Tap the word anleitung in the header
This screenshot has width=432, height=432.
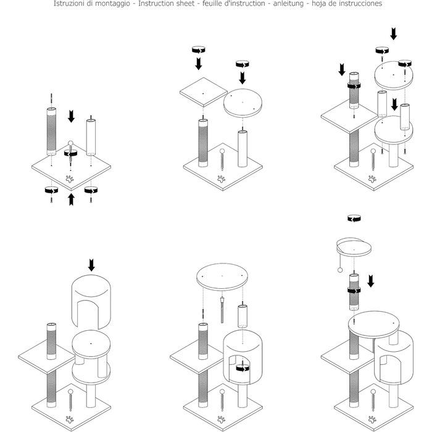[x=288, y=4]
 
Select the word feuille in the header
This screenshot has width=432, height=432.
[x=213, y=4]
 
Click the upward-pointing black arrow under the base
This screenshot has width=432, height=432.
[x=71, y=199]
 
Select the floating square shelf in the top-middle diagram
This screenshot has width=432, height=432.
[x=204, y=92]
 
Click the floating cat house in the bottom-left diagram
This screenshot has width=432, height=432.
[x=91, y=302]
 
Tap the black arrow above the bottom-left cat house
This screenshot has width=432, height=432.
[x=91, y=265]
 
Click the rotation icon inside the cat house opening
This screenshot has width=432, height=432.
[x=243, y=368]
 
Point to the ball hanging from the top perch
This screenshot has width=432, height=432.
[x=340, y=270]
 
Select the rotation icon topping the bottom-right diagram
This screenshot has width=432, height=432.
[x=354, y=218]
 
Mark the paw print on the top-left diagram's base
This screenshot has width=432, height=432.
[x=70, y=179]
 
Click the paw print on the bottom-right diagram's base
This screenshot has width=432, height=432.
[x=372, y=420]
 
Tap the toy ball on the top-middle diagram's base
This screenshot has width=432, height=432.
[x=222, y=151]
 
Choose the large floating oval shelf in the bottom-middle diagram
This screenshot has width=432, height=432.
[x=222, y=277]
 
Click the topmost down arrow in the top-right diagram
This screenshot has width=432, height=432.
[x=394, y=34]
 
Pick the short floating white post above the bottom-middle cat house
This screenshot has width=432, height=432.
[x=243, y=316]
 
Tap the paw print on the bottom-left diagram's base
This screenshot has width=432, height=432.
[x=70, y=420]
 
